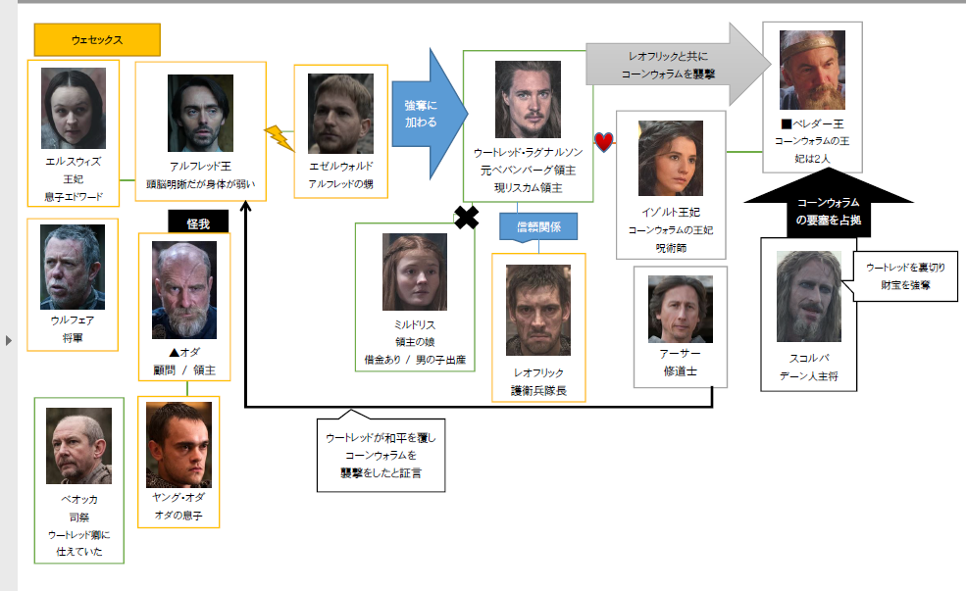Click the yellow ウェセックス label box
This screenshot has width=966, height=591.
point(97,40)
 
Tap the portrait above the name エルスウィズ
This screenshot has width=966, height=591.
point(74,108)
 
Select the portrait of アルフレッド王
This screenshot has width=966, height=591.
point(200,113)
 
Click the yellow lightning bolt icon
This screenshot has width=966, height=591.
point(280,138)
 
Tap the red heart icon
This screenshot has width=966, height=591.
point(604,143)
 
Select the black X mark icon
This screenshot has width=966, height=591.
point(467,219)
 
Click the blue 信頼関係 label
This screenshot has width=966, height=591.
point(537,226)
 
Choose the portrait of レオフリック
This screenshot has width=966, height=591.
point(538,310)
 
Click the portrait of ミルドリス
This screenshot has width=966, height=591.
point(415,271)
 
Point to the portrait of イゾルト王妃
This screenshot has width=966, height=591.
point(671,159)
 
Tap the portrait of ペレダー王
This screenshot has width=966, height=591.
point(812,71)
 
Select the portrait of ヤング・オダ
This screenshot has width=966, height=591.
point(178,445)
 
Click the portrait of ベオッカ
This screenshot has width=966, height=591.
point(78,447)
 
